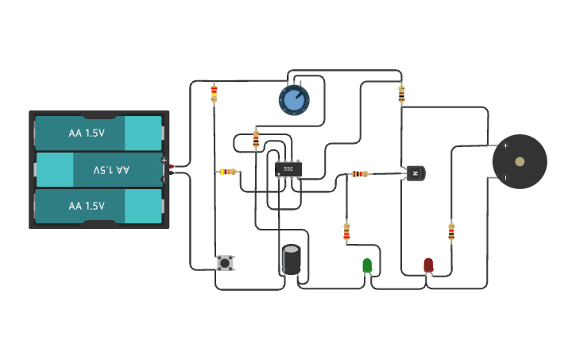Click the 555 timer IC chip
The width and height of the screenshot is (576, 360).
click(288, 169)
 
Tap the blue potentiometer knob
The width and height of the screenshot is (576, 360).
click(294, 100)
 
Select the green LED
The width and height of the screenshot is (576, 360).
click(367, 265)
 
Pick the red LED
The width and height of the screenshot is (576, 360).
click(428, 265)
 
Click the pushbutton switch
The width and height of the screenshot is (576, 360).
click(226, 263)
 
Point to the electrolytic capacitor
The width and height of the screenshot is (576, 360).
click(292, 260)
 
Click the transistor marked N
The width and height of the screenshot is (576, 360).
click(416, 173)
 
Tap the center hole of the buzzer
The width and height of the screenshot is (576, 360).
click(520, 162)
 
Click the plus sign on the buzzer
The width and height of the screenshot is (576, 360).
click(505, 145)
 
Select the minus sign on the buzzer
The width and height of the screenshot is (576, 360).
click(505, 178)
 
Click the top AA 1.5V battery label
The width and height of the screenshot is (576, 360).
click(87, 134)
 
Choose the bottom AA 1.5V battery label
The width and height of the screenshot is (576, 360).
click(87, 206)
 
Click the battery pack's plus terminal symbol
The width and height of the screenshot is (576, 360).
click(164, 161)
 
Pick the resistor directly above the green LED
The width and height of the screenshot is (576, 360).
click(346, 231)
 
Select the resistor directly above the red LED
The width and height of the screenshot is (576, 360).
click(451, 231)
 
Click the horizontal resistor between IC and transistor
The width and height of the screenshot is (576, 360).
click(360, 173)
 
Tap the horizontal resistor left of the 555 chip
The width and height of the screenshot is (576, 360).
click(227, 172)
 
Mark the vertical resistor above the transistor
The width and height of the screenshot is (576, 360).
click(401, 94)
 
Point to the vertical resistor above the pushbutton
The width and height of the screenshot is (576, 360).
click(214, 94)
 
